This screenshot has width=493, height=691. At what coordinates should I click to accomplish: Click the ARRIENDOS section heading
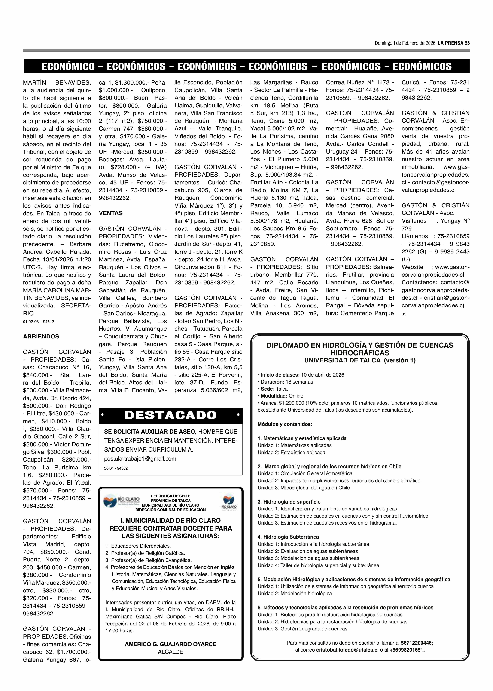(x=41, y=336)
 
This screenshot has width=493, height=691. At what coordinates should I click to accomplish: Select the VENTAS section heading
(x=111, y=213)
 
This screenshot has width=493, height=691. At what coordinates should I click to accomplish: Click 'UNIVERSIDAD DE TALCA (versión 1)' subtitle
(x=360, y=360)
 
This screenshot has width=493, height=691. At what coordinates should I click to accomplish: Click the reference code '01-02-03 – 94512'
(x=39, y=322)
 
